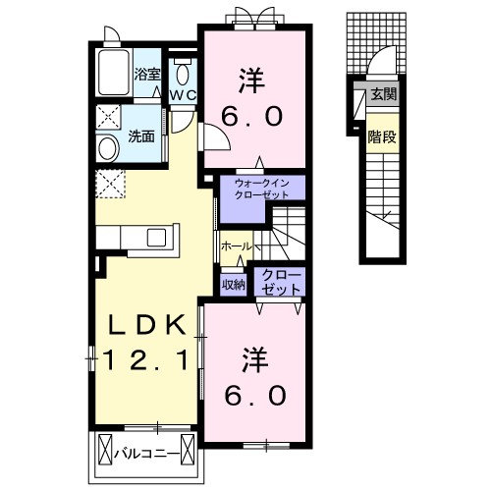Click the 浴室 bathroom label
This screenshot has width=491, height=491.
point(146,74)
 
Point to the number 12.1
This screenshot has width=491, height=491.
point(146,361)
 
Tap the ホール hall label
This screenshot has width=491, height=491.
point(236,245)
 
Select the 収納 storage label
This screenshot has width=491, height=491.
point(234,285)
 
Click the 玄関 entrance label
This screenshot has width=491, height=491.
point(383,94)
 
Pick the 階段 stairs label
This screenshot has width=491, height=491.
point(382,136)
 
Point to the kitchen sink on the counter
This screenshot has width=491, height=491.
point(157,238)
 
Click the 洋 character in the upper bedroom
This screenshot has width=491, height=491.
point(250,76)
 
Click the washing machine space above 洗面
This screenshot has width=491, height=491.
point(108,118)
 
